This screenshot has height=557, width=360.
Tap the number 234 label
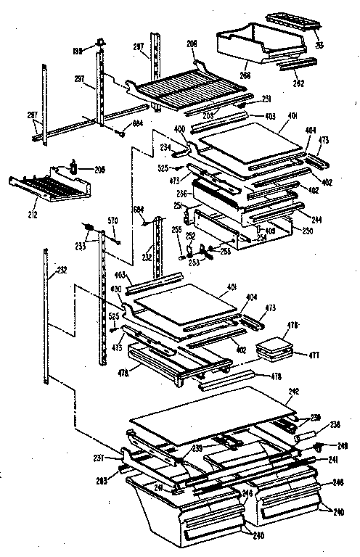click(165, 147)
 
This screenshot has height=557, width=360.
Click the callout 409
click(269, 231)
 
